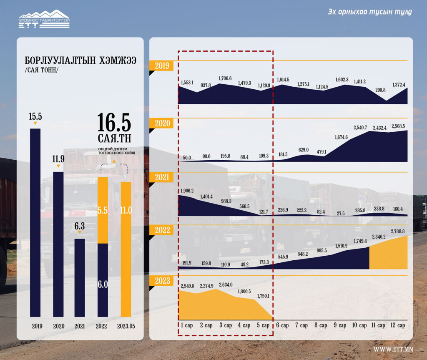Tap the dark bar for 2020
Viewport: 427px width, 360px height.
click(x=58, y=244)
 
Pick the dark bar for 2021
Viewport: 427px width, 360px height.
click(x=80, y=277)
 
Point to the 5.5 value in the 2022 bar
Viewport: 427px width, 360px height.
click(x=103, y=211)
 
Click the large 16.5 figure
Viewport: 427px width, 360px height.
click(x=114, y=122)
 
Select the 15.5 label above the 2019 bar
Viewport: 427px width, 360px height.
click(x=35, y=116)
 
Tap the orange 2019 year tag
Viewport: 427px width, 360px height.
click(x=161, y=65)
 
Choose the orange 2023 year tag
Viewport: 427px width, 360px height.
click(x=161, y=280)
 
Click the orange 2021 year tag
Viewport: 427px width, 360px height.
click(x=161, y=177)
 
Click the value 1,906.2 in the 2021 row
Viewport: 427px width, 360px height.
click(x=187, y=191)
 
